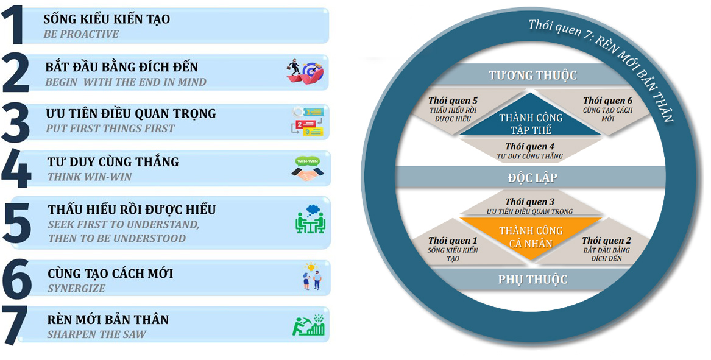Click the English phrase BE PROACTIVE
(81, 34)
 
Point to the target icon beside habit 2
(305, 72)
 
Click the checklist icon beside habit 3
(308, 120)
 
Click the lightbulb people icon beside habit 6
(311, 276)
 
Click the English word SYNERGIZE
(76, 288)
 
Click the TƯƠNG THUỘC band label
(532, 76)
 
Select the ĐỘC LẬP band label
(532, 178)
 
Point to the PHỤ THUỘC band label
(532, 280)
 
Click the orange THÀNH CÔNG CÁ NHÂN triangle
(531, 237)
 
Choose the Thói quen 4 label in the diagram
(529, 147)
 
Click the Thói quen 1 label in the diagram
(453, 241)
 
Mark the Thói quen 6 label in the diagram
(607, 101)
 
